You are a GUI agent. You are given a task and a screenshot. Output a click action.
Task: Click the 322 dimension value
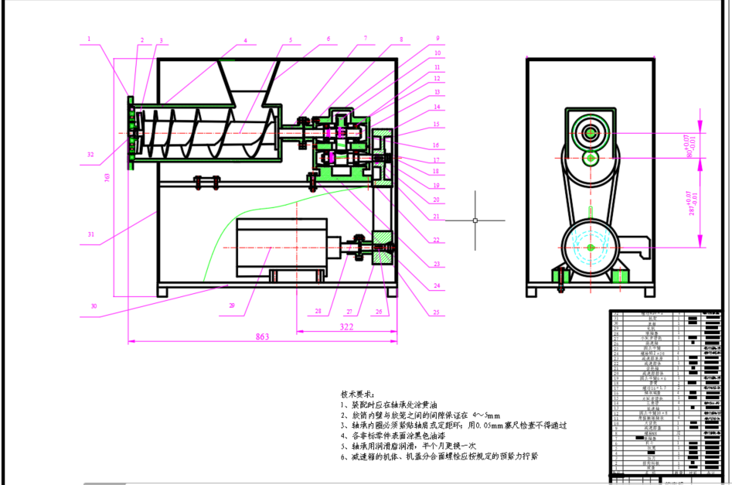346,327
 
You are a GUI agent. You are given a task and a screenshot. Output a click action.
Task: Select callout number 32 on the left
90,155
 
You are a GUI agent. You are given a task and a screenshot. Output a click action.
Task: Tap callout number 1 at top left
90,38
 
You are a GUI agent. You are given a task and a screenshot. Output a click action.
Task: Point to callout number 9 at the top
437,38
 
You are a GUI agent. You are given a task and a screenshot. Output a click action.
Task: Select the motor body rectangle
281,247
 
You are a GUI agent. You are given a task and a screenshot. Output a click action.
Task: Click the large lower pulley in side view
591,247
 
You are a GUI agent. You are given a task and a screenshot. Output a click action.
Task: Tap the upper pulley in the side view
591,133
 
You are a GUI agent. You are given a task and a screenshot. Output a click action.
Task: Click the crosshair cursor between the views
475,220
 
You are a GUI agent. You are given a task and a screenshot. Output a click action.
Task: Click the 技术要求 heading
357,394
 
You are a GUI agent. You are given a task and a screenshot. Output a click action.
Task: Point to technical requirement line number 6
437,456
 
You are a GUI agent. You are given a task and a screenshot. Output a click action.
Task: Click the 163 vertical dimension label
107,178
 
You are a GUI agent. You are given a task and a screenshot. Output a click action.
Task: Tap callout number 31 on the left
90,234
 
